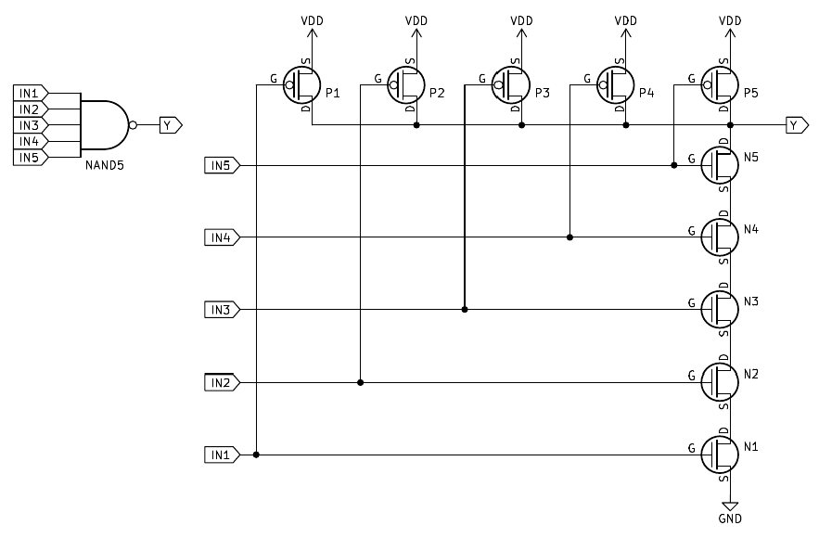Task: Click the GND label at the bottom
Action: tap(730, 519)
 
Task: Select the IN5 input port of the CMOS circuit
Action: tap(222, 165)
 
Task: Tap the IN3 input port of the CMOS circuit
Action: tap(222, 309)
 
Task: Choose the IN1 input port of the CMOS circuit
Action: tap(222, 455)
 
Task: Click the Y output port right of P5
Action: tap(796, 124)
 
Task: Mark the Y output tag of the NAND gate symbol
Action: tap(171, 124)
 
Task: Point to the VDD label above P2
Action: tap(416, 19)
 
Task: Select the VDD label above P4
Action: tap(626, 19)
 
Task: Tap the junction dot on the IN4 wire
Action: tap(569, 237)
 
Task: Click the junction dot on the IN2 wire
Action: tap(360, 381)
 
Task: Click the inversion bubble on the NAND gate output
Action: tap(134, 124)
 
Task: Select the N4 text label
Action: tap(751, 228)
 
